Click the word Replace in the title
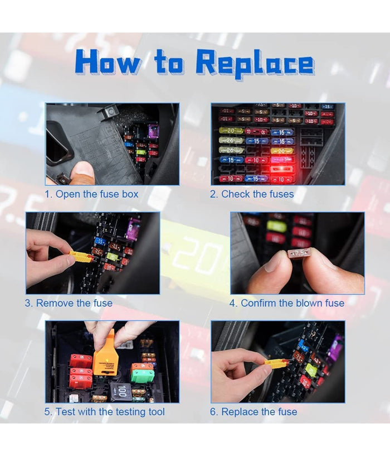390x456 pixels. pyautogui.click(x=255, y=64)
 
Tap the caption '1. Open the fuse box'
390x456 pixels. pyautogui.click(x=91, y=194)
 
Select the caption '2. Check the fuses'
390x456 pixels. pyautogui.click(x=252, y=194)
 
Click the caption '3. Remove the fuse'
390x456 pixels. pyautogui.click(x=69, y=303)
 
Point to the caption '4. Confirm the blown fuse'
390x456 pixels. pyautogui.click(x=286, y=303)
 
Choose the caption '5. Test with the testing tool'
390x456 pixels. pyautogui.click(x=105, y=412)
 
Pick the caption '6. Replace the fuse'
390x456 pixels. pyautogui.click(x=253, y=412)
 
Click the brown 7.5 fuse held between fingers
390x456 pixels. pyautogui.click(x=299, y=254)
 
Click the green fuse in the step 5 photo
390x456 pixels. pyautogui.click(x=142, y=374)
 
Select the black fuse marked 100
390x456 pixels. pyautogui.click(x=121, y=391)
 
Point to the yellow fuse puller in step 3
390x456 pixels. pyautogui.click(x=81, y=256)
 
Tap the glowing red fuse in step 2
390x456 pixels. pyautogui.click(x=282, y=160)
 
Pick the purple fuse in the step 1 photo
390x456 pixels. pyautogui.click(x=153, y=131)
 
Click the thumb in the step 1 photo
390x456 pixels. pyautogui.click(x=84, y=173)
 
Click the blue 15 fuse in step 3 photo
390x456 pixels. pyautogui.click(x=100, y=241)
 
